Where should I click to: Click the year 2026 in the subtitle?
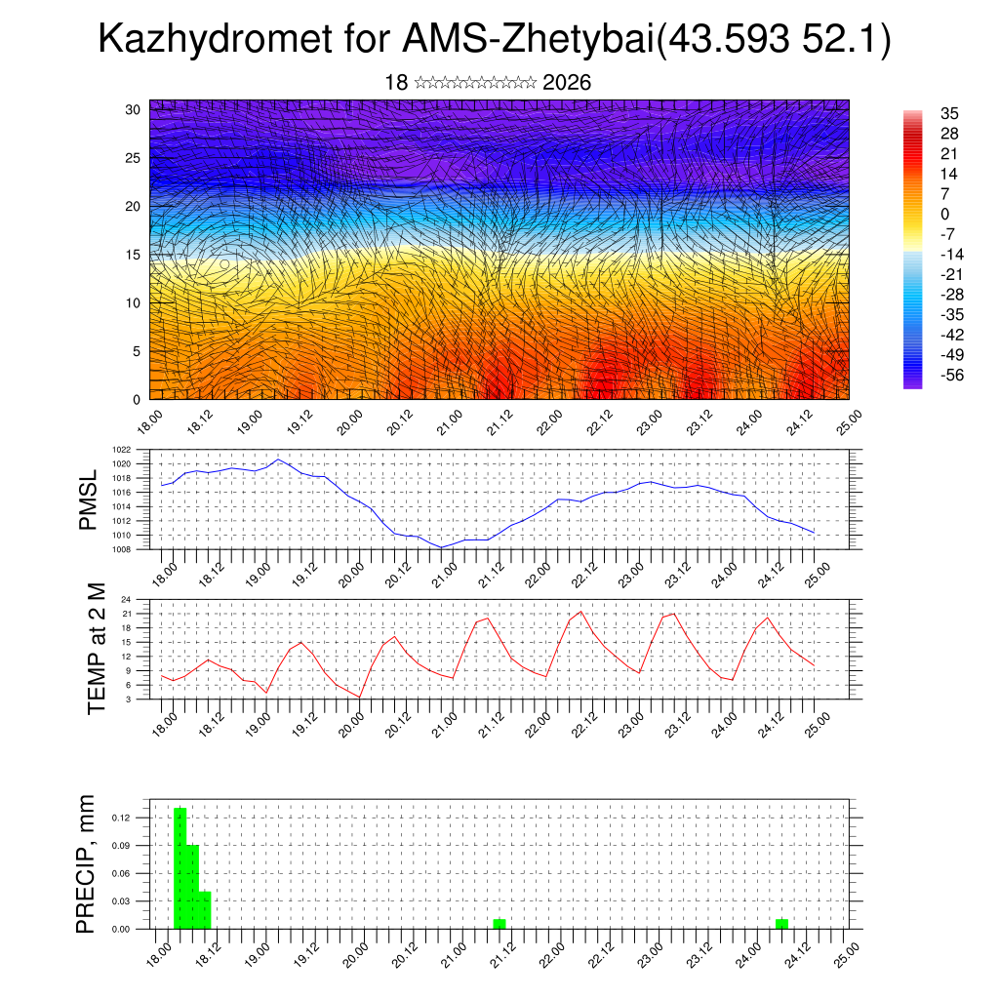[567, 83]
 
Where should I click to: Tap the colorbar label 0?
[944, 214]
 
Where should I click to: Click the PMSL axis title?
[89, 500]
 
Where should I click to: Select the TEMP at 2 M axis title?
[97, 648]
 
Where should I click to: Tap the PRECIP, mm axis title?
[89, 862]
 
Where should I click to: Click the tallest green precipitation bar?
[180, 866]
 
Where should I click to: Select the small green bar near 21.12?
[499, 923]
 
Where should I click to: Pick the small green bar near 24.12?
[781, 923]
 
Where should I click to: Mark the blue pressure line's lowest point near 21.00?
[441, 547]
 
